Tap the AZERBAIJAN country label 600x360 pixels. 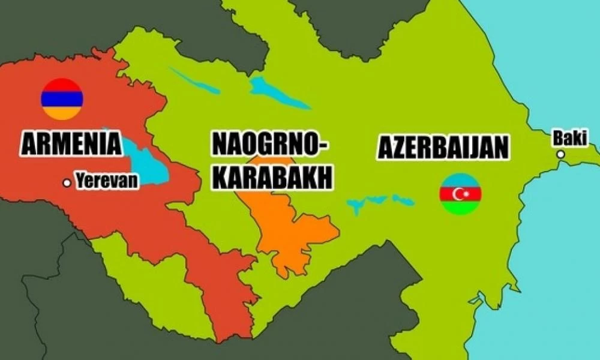coord(443,146)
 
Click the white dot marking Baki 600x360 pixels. coord(560,154)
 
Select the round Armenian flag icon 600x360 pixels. coord(62,99)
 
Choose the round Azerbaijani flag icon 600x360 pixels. coord(461,194)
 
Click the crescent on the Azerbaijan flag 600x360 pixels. coord(460,194)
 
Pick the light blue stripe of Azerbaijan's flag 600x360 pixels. coord(461,180)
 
